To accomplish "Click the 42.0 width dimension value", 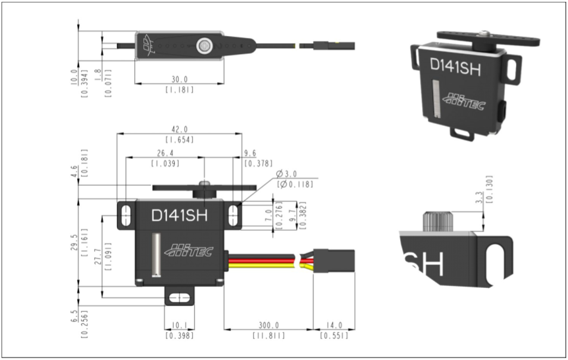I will click(179, 129).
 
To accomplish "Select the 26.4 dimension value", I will click(164, 153).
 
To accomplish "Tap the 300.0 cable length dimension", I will click(269, 325).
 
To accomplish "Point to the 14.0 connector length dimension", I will click(334, 325).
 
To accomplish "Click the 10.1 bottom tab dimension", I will click(179, 325).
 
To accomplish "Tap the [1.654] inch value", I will click(179, 139).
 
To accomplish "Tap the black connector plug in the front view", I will click(333, 262).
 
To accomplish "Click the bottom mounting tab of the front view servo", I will click(179, 296).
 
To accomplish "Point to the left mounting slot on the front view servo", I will click(126, 215).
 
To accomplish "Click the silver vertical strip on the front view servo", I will click(155, 256).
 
